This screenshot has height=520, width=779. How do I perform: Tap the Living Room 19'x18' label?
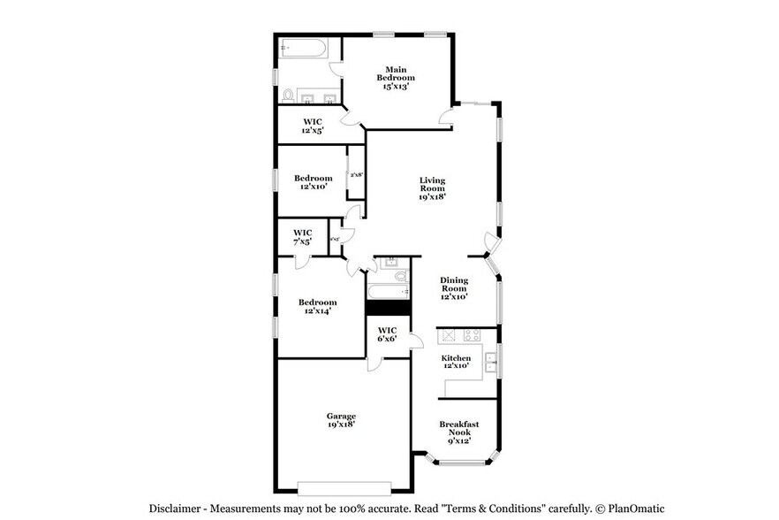click(x=432, y=188)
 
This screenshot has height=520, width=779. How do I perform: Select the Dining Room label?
click(x=454, y=288)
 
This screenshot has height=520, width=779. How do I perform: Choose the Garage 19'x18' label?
click(x=341, y=420)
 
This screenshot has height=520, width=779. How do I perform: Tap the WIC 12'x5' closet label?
click(x=313, y=126)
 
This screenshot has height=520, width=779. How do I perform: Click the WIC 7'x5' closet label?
click(x=303, y=236)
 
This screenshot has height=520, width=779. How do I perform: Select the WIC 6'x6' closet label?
click(x=387, y=334)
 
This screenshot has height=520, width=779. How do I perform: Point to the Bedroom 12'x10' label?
click(x=313, y=182)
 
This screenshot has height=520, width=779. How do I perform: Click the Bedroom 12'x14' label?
click(x=318, y=306)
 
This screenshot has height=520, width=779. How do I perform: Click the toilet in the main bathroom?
click(x=288, y=96)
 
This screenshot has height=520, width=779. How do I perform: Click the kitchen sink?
click(x=489, y=360)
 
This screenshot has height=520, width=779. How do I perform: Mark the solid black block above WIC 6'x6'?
click(x=388, y=308)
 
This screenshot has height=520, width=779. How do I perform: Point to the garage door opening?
click(x=344, y=486)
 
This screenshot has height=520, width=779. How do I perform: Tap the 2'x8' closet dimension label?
click(x=356, y=174)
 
